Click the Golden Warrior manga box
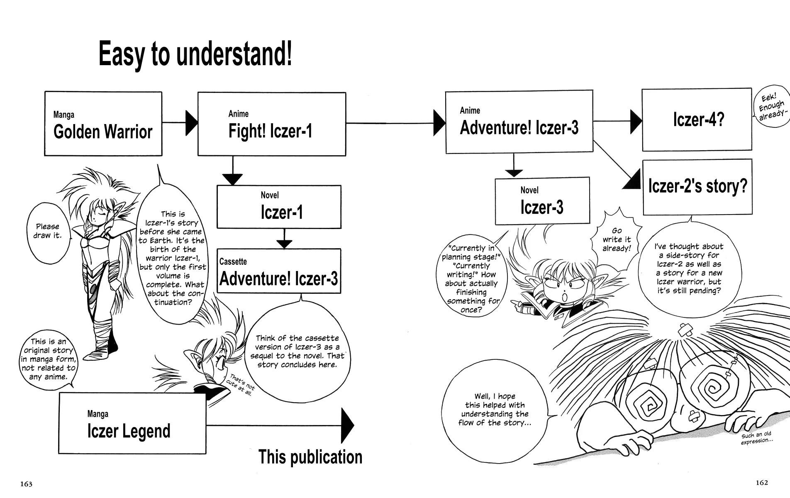point(103,124)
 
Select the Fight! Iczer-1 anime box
point(271,124)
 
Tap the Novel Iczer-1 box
point(279,207)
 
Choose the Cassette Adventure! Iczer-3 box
point(279,271)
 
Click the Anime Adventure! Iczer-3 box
point(519,122)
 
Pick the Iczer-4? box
point(697,120)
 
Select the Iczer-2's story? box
point(697,187)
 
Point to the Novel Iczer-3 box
point(542,201)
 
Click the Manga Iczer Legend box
point(132,423)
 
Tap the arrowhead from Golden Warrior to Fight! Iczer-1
point(191,123)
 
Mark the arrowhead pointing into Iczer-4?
point(636,121)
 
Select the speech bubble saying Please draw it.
point(48,232)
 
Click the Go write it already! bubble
point(617,239)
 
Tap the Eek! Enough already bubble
point(771,107)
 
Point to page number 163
point(26,484)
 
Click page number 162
point(762,482)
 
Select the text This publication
point(310,456)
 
